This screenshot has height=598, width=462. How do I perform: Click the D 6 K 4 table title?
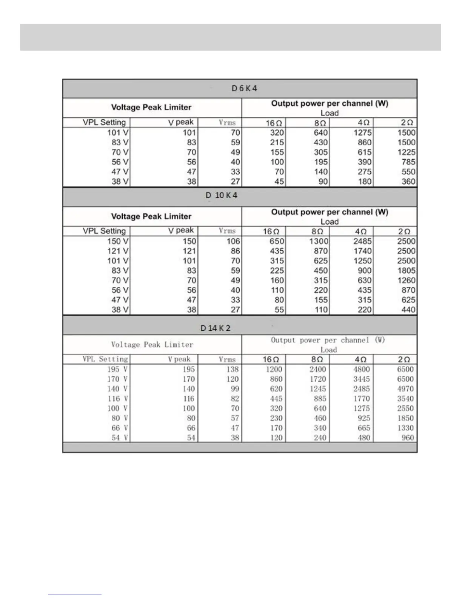244,88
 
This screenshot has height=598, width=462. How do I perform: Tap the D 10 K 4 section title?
222,195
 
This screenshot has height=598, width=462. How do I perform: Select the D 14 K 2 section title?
215,328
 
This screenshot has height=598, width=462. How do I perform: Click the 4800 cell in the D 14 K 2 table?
361,369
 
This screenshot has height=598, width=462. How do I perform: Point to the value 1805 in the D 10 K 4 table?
406,271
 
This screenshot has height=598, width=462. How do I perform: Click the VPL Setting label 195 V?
117,369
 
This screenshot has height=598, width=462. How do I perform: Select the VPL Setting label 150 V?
118,241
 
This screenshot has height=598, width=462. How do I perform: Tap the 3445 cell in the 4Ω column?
361,379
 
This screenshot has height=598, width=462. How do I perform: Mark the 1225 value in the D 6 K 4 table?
406,152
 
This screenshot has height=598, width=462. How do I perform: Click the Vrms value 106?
233,241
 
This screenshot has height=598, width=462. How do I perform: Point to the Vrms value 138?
233,369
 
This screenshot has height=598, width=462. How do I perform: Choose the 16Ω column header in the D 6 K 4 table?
274,123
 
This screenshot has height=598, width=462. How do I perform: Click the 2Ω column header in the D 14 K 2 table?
404,359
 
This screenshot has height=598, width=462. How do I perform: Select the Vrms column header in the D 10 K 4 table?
227,231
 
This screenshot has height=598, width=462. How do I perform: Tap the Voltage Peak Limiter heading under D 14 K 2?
152,344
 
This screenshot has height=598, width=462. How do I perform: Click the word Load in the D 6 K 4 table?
330,113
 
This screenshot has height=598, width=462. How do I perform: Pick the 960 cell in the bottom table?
408,438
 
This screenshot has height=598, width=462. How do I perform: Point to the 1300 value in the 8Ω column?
319,241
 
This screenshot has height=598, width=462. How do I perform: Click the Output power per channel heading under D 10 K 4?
330,212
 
